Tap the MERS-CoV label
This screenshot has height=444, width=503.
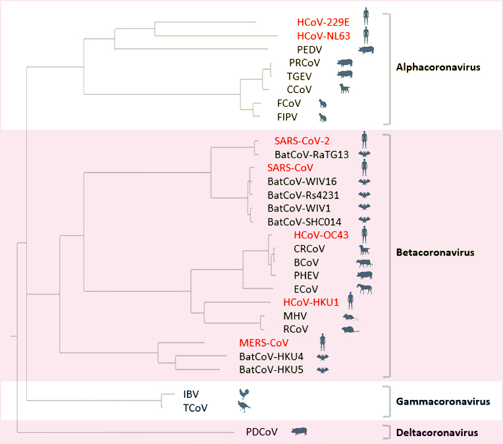coord(264,343)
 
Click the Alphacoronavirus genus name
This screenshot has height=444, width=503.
coord(437,67)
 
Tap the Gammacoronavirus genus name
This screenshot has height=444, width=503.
coord(443,401)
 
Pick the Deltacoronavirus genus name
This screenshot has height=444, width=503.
coord(437,433)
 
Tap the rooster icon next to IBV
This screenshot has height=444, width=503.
coord(245,394)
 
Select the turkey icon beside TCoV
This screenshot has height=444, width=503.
coord(244,407)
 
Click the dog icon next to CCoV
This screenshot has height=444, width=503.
coord(344,89)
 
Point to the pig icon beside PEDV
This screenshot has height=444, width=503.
coord(365,49)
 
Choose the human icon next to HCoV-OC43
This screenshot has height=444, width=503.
coord(363,234)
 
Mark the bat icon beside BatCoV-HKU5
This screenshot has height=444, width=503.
coord(323,370)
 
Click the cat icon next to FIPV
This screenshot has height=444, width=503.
coord(323,117)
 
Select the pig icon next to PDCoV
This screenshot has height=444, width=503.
coord(300,431)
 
